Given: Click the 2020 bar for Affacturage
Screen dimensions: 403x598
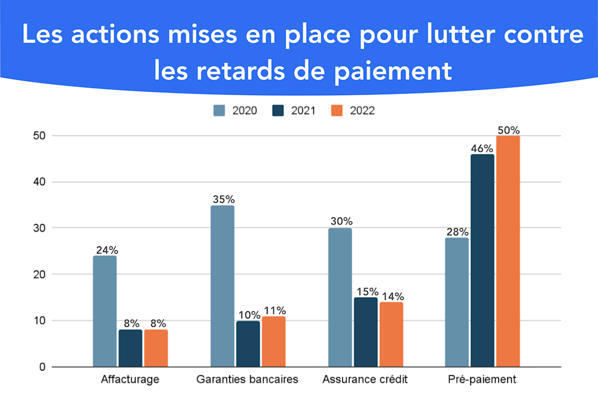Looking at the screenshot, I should (x=105, y=311).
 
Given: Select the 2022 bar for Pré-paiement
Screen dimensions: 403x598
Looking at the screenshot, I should (x=508, y=251).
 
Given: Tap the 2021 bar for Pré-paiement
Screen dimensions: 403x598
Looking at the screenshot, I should (x=482, y=261).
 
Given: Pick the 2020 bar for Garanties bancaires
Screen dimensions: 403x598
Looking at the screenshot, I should (x=222, y=286).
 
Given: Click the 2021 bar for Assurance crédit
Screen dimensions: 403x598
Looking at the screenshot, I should (x=365, y=332).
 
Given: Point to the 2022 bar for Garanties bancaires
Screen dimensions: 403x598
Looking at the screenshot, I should (x=274, y=342).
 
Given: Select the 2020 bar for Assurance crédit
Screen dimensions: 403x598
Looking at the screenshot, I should (x=339, y=297).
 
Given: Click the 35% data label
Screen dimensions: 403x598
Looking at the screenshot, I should (x=222, y=199).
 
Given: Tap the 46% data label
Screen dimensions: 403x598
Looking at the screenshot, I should (x=482, y=148).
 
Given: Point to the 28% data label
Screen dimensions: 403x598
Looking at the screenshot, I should (x=457, y=231).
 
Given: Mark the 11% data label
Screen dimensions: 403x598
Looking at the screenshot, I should (x=274, y=310).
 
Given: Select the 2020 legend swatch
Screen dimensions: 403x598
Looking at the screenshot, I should (x=219, y=111).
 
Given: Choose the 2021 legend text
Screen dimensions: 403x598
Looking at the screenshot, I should (x=303, y=111).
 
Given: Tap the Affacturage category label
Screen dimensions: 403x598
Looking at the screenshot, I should (x=130, y=380).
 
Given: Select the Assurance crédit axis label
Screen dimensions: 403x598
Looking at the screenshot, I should (x=365, y=380).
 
